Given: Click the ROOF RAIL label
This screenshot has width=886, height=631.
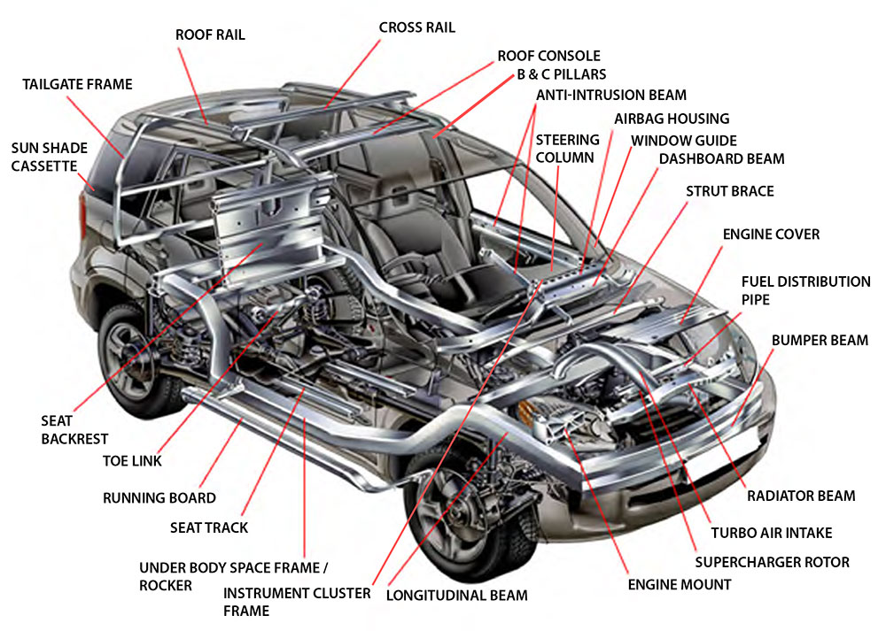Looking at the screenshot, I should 210,35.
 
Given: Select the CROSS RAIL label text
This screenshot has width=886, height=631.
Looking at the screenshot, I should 416,27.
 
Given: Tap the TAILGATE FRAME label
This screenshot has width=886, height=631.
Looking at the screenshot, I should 77,85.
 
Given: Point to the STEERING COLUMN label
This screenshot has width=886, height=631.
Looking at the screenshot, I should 567,149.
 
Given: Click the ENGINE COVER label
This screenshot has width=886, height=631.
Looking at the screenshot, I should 771,235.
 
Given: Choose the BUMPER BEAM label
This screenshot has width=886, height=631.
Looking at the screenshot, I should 820,340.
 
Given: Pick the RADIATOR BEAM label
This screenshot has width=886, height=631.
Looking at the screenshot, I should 801,496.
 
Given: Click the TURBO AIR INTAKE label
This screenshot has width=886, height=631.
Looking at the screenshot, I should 771,533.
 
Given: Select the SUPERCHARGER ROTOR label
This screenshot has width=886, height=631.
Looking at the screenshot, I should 772,562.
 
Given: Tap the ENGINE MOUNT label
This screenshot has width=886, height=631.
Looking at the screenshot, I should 680,584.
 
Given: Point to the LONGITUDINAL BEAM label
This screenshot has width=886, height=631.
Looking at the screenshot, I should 456,595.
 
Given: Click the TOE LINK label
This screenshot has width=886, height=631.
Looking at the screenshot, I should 132,461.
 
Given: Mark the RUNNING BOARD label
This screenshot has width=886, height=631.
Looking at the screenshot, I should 159,498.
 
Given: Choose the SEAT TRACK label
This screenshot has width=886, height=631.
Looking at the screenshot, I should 209,527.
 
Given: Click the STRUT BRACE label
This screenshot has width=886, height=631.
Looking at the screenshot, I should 729,191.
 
